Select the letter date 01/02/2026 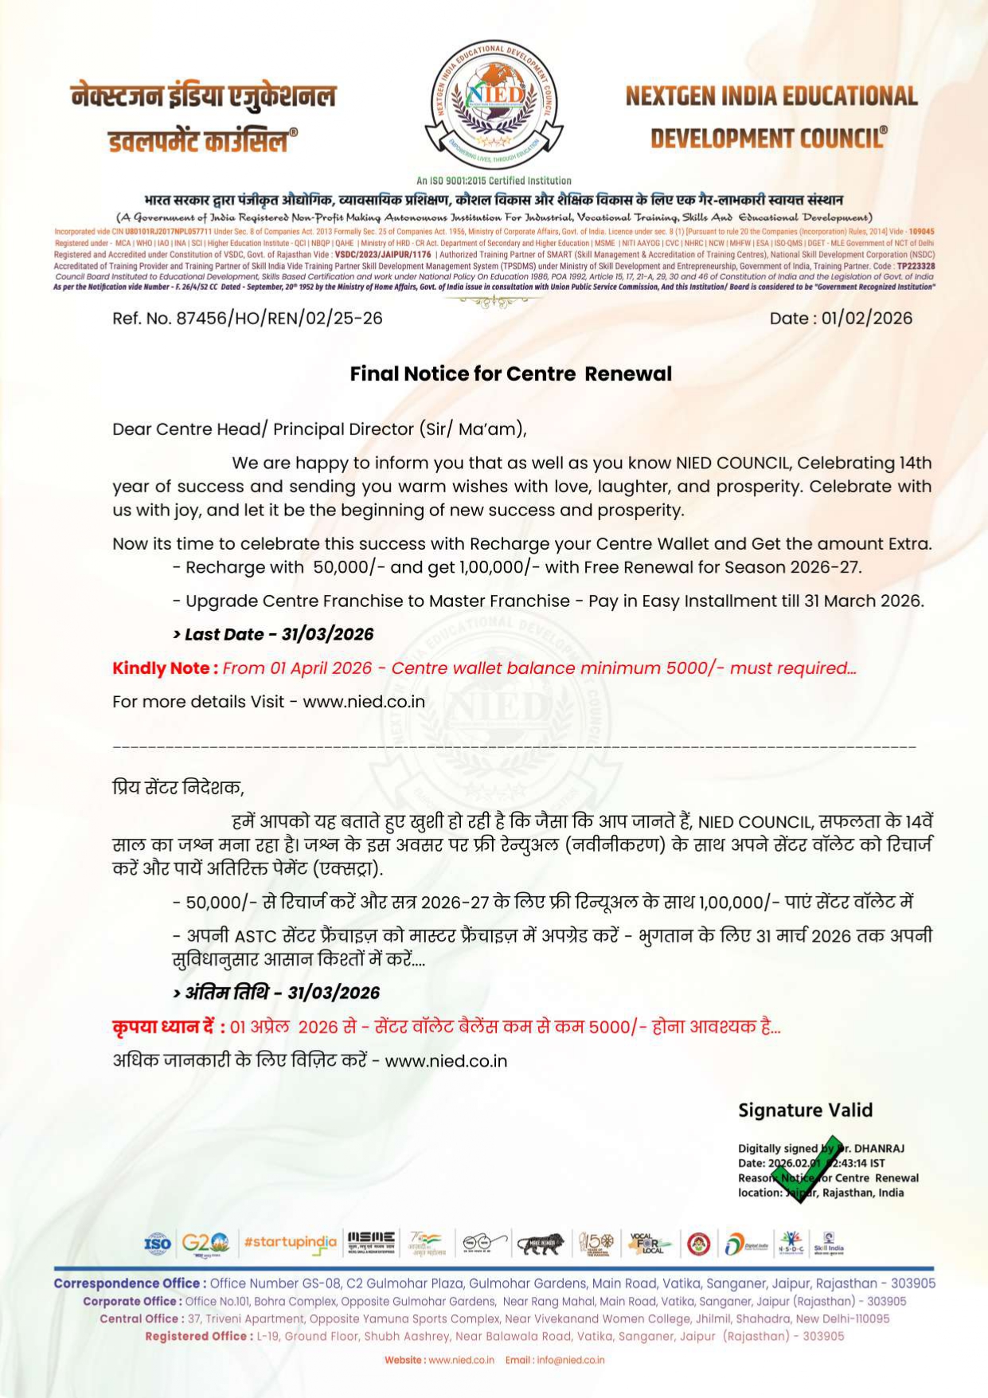[x=867, y=319]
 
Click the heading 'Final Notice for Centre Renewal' [x=510, y=374]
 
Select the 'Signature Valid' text [x=805, y=1110]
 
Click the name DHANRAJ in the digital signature [x=879, y=1149]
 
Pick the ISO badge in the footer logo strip [x=158, y=1243]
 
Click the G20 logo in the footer [x=205, y=1243]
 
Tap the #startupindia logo [x=290, y=1243]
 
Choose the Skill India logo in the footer [x=828, y=1243]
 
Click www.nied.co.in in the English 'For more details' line [x=364, y=702]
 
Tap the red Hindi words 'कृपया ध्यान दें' [x=168, y=1027]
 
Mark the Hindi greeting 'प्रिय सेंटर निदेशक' [x=178, y=788]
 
